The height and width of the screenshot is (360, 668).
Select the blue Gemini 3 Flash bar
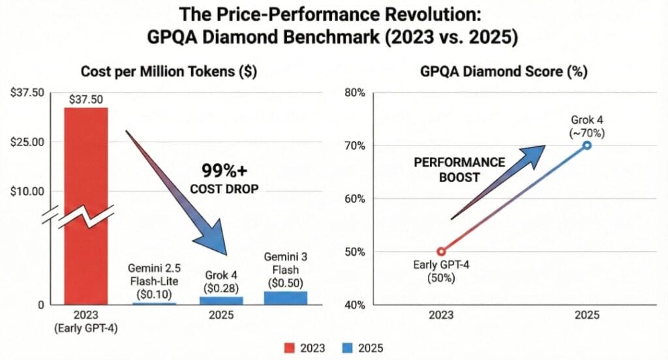(285, 298)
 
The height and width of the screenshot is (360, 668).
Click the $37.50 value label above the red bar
(86, 99)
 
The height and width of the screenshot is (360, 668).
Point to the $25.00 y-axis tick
(26, 142)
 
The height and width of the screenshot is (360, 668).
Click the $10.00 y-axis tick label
(26, 192)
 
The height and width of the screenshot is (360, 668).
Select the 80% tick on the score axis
(356, 93)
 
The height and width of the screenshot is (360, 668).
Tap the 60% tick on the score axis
(356, 198)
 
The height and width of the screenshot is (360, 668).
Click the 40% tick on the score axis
(356, 305)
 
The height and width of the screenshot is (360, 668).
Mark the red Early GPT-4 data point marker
(441, 251)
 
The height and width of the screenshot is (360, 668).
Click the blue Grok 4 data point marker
(587, 145)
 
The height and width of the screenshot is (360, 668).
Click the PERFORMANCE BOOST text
(460, 170)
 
